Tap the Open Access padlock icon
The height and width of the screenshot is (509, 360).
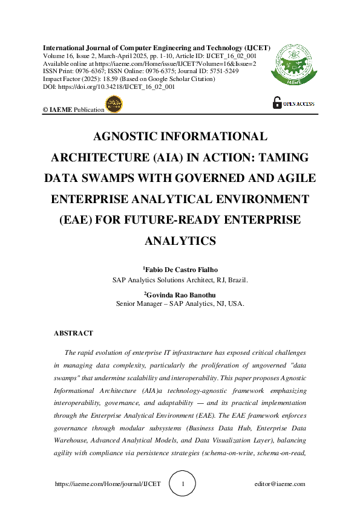pos(277,103)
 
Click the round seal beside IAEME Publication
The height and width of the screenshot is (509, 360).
pos(114,104)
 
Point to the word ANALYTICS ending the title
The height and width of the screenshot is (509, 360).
pos(180,241)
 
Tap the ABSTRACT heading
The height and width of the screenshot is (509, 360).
pos(73,333)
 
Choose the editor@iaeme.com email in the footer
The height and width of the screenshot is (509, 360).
pos(280,484)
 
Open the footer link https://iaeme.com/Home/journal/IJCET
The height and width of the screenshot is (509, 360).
pos(108,484)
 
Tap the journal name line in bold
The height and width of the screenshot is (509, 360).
pos(156,47)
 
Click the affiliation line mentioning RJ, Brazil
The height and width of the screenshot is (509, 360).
pos(180,280)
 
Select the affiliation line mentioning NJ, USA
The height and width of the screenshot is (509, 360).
pos(180,304)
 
